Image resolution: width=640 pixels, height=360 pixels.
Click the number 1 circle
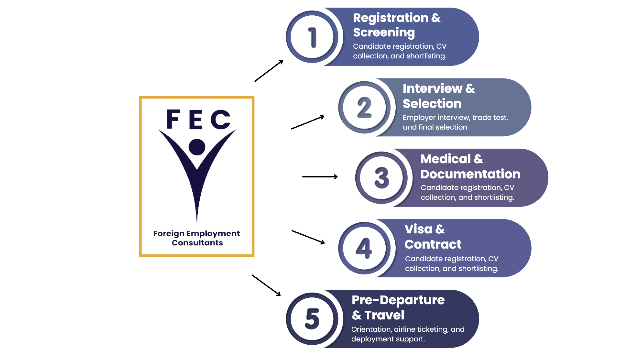point(312,37)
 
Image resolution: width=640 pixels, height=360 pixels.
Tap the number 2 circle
point(364,107)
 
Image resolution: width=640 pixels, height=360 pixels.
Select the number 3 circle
point(381,178)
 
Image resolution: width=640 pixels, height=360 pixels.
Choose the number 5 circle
point(312,319)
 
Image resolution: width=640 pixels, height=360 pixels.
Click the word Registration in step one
point(390,18)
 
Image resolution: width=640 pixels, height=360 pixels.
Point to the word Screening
point(384,32)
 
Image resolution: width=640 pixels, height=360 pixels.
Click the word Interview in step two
point(432,89)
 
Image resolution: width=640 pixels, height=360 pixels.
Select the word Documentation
point(470,174)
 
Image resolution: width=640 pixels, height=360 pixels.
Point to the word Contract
point(433,244)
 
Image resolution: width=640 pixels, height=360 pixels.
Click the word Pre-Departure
point(398,300)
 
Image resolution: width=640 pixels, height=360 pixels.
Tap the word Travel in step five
point(384,315)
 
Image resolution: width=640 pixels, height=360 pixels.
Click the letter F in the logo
point(173,119)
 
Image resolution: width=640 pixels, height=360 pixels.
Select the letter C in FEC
point(221,119)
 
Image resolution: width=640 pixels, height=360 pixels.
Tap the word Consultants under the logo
point(197,243)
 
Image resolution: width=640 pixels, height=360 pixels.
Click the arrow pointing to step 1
point(269,71)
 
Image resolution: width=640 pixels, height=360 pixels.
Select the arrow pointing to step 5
point(266,285)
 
